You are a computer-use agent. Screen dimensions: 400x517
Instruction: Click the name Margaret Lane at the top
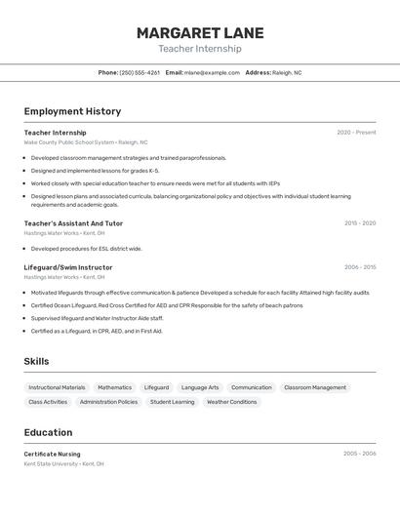point(200,32)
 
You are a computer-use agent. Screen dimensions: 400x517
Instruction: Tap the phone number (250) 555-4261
point(140,72)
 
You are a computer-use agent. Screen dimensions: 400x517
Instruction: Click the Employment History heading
point(72,111)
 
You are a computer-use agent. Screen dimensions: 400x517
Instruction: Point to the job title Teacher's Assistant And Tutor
point(73,223)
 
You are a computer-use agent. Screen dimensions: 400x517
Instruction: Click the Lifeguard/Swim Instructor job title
point(68,267)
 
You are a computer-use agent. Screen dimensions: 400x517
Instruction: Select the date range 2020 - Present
point(356,133)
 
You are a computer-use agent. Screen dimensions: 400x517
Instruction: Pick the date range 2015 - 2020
point(360,223)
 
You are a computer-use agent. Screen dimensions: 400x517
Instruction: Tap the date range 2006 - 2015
point(360,267)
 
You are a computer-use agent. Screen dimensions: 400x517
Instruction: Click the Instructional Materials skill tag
point(57,387)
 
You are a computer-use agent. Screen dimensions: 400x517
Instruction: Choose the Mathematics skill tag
point(114,387)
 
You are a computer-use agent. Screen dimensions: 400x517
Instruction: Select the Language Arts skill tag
point(200,387)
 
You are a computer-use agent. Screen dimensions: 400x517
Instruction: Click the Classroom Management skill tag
point(315,387)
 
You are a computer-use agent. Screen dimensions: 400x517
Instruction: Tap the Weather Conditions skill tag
point(231,402)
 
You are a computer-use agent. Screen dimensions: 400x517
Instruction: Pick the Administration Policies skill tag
point(108,402)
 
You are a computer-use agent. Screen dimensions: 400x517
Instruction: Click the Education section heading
point(48,432)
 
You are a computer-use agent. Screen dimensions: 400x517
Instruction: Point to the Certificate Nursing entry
point(53,454)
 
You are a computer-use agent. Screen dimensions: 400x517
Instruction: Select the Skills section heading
point(36,361)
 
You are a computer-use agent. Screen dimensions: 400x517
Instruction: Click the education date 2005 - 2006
point(359,454)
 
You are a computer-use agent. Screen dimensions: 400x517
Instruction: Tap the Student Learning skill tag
point(172,402)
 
